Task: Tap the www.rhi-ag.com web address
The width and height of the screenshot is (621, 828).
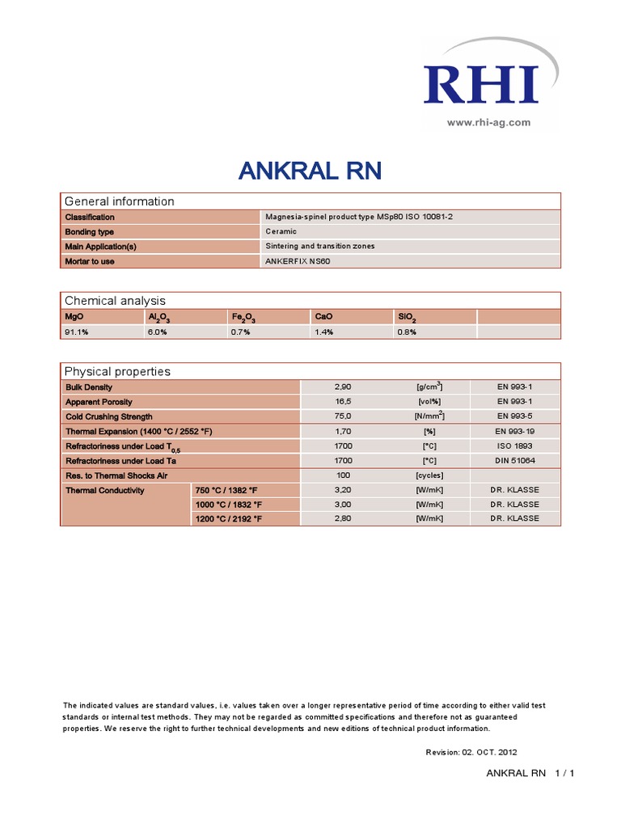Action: coord(488,122)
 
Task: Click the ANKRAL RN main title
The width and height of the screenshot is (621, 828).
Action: coord(310,171)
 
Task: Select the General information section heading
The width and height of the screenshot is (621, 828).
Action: coord(119,201)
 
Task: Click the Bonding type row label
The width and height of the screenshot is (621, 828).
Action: coord(90,231)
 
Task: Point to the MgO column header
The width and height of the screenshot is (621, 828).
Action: coord(74,316)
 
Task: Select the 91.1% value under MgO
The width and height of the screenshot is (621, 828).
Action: coord(77,332)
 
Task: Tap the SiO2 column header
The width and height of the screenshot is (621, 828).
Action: coord(407,317)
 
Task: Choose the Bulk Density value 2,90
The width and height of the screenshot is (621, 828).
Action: coord(344,387)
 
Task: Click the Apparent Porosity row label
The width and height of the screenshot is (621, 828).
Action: coord(99,402)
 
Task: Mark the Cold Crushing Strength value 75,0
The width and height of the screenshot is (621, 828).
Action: coord(344,416)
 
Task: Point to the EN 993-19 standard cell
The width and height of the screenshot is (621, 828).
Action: coord(514,431)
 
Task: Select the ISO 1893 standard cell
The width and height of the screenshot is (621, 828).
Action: coord(514,446)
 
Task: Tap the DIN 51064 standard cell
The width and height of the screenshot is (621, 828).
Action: coord(514,460)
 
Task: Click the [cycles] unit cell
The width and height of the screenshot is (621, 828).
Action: coord(429,475)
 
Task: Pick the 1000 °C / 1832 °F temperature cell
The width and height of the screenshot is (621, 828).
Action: coord(228,504)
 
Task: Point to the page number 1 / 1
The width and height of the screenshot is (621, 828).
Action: coord(564,774)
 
